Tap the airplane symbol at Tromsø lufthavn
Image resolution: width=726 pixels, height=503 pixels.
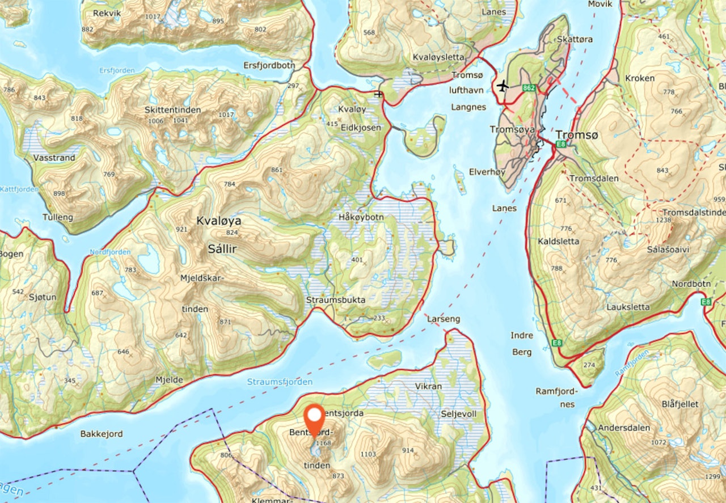click(x=502, y=86)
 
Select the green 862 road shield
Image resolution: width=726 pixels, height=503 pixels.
click(x=529, y=88)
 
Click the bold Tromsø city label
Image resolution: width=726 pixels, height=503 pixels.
click(x=577, y=135)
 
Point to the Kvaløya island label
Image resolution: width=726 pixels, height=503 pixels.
click(x=218, y=221)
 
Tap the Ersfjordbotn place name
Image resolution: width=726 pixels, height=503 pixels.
click(x=269, y=65)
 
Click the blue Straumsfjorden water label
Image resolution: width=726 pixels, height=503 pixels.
click(x=280, y=382)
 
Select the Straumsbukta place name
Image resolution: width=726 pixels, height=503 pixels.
click(x=336, y=300)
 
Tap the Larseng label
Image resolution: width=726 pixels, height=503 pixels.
click(x=443, y=319)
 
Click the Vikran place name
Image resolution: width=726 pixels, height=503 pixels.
click(x=428, y=386)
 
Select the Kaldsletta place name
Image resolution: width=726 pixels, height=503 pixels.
click(x=559, y=241)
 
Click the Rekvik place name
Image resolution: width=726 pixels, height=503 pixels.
click(x=107, y=12)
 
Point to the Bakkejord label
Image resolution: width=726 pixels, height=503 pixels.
click(x=101, y=434)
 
